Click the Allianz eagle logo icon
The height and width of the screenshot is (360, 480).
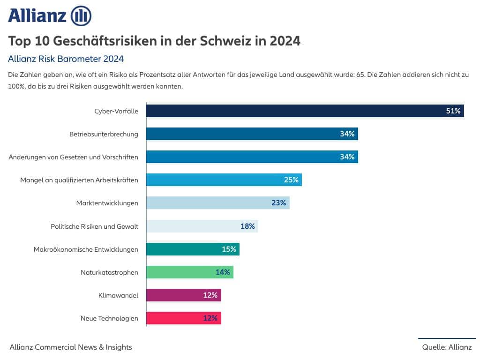(x=81, y=16)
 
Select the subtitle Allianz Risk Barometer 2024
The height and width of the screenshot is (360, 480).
(x=66, y=59)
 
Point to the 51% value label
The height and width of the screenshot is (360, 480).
(x=453, y=111)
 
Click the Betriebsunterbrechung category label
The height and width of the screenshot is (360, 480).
(x=104, y=134)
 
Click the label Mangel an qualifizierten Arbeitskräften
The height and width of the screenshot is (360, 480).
(x=79, y=180)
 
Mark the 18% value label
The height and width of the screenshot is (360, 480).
(x=247, y=226)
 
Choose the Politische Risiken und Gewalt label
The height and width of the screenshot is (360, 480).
(x=94, y=226)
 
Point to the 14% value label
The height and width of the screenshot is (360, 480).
(x=223, y=272)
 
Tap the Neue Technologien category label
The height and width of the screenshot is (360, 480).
(x=109, y=318)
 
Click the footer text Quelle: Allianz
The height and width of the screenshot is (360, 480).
(x=447, y=347)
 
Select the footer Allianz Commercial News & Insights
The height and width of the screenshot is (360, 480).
(x=71, y=347)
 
